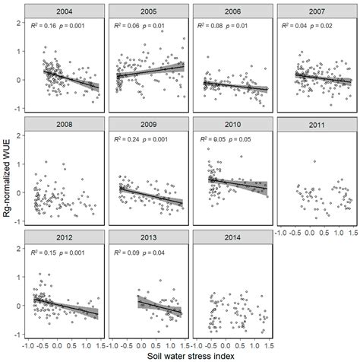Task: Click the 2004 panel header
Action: (x=65, y=11)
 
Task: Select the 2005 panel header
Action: (x=148, y=11)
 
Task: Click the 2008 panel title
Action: (x=65, y=123)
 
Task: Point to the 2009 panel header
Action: (x=148, y=123)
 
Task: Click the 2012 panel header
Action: (x=65, y=236)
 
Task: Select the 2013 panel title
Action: (x=148, y=236)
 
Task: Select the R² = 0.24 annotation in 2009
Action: (x=128, y=139)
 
